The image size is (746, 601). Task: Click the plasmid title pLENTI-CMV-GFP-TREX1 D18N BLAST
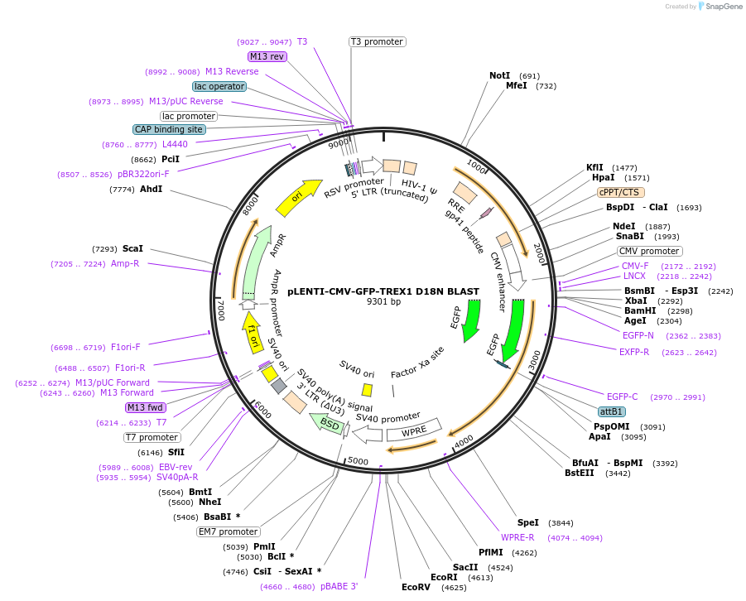click(383, 291)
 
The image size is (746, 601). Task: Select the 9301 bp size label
click(383, 302)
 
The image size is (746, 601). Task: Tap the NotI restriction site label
click(499, 75)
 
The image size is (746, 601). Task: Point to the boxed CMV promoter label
click(649, 251)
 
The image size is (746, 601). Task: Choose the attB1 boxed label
click(612, 411)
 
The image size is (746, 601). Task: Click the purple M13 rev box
click(267, 56)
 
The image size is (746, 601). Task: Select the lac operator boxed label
click(219, 86)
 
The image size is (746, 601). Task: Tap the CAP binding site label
click(169, 129)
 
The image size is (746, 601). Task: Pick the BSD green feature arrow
click(329, 424)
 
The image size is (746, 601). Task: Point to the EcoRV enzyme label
click(416, 587)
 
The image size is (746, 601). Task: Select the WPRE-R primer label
click(517, 537)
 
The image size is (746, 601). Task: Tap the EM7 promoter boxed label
click(228, 531)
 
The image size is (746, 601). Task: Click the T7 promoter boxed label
click(152, 437)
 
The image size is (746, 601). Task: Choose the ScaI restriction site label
click(132, 248)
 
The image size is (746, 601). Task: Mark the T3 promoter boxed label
click(377, 41)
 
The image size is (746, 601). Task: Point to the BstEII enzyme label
click(580, 474)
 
